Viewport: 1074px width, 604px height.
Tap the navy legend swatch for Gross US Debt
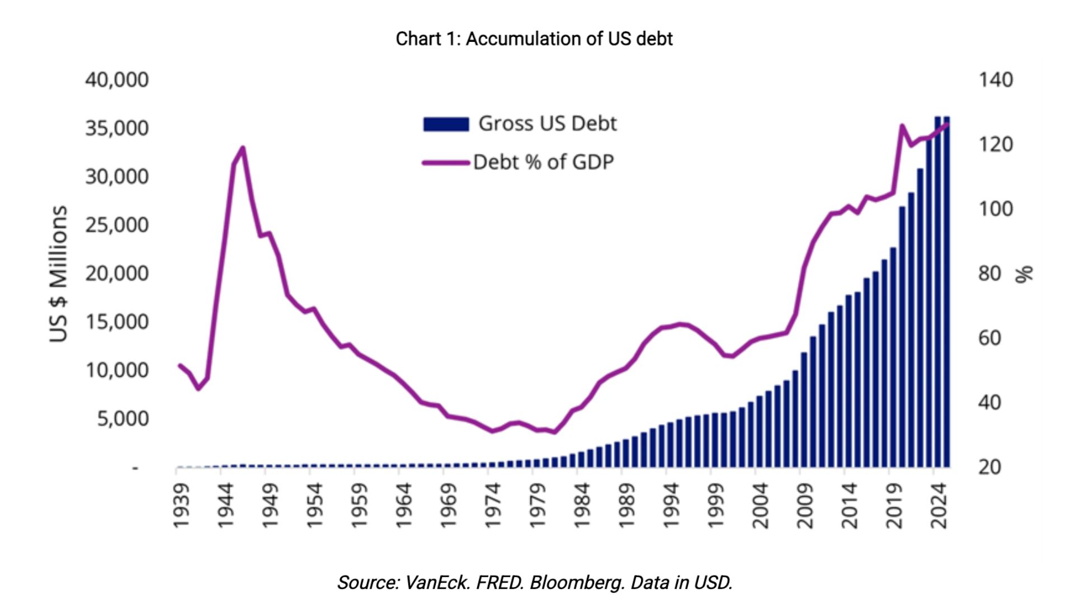[446, 124]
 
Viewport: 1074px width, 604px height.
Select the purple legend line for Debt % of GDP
[446, 163]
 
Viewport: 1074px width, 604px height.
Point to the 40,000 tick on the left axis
[117, 79]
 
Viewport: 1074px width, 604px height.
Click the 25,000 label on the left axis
[117, 225]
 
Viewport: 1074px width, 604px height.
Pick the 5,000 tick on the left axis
[123, 418]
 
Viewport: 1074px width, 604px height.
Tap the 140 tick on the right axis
[995, 79]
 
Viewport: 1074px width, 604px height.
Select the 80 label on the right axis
[990, 273]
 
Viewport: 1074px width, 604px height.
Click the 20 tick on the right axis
[990, 466]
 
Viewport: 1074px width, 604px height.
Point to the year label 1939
[181, 506]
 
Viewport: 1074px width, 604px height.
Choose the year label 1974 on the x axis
[492, 506]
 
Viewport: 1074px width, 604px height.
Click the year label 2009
[804, 506]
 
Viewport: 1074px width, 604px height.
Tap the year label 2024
[939, 506]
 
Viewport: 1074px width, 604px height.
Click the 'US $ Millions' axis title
[59, 273]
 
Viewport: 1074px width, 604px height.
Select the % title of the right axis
[1024, 274]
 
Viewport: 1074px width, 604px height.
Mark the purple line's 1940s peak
[243, 148]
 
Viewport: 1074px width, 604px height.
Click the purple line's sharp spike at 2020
[902, 126]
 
